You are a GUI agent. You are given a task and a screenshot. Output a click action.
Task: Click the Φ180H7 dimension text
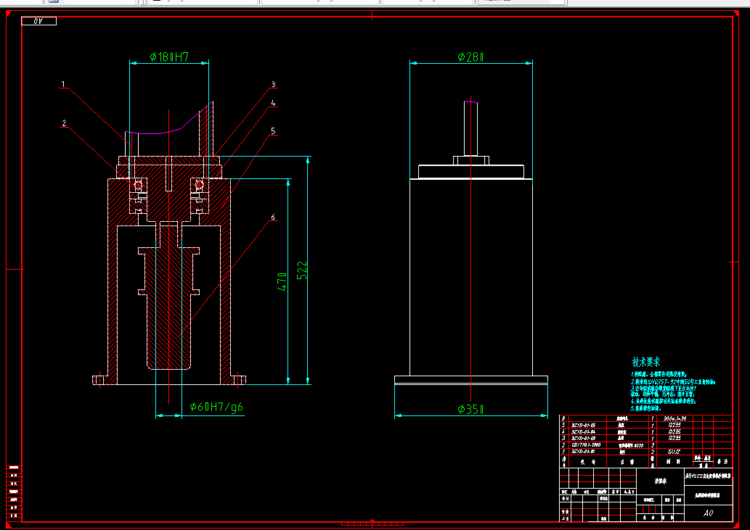point(169,57)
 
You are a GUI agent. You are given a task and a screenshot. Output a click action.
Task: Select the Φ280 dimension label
point(470,57)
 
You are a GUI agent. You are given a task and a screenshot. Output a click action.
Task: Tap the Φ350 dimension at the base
point(470,410)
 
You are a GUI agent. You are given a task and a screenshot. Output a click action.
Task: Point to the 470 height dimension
point(282,281)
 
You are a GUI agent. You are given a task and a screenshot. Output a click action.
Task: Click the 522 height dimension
point(303,270)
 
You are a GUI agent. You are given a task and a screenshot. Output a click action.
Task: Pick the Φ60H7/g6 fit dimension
point(216,407)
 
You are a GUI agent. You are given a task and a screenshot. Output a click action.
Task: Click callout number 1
point(63,85)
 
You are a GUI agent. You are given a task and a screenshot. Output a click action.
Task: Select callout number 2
point(64,124)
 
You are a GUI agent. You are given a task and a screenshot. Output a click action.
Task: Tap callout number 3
point(274,84)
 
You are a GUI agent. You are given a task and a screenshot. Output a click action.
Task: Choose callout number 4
point(274,104)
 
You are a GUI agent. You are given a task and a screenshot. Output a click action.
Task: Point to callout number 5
point(273,131)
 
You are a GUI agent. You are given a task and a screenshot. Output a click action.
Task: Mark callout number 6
point(273,217)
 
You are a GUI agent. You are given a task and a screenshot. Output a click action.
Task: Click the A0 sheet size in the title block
point(708,513)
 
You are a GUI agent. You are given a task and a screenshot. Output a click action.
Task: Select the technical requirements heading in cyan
point(645,362)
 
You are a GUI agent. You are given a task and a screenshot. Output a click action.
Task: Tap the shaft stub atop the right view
point(471,127)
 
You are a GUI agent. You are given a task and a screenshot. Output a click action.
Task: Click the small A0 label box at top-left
point(39,21)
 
